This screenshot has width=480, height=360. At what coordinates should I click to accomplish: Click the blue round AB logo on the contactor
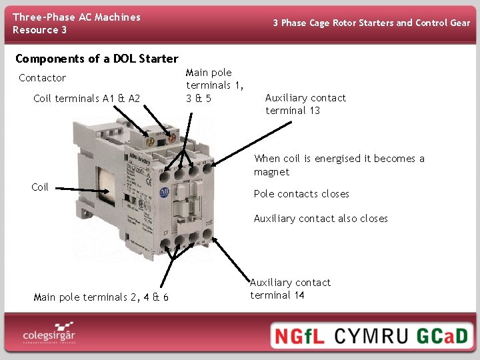(163, 193)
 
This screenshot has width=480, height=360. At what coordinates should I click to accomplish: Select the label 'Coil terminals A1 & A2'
(87, 99)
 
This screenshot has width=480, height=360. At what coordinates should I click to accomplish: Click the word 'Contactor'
(42, 78)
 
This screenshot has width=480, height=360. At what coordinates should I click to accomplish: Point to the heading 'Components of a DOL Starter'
(97, 59)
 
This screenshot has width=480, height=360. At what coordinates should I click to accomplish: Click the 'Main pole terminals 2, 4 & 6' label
(101, 297)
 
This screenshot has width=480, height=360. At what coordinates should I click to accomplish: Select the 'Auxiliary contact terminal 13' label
(305, 104)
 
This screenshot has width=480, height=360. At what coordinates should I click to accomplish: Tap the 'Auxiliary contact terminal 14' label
(290, 289)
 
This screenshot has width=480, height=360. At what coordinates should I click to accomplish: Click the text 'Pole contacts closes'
(301, 194)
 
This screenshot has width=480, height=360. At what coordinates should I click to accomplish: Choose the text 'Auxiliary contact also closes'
(321, 219)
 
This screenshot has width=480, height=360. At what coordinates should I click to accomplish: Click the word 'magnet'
(271, 172)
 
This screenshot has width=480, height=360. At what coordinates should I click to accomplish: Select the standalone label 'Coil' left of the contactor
(40, 187)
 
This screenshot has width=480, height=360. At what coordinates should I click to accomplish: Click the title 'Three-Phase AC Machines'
(77, 17)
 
